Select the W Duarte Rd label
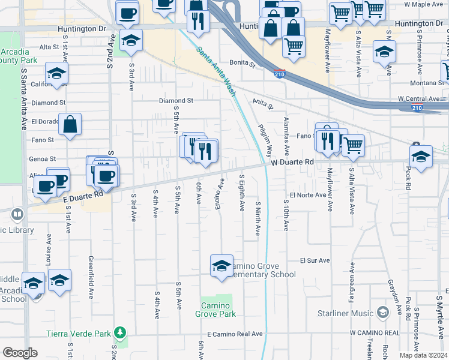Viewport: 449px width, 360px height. (292, 162)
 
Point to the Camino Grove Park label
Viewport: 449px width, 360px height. (217, 309)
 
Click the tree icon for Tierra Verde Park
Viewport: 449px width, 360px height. (120, 332)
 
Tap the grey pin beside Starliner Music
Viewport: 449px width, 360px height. (382, 313)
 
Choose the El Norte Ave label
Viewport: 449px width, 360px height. (307, 195)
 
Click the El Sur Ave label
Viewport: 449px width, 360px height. (315, 260)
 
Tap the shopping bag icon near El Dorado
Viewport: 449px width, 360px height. (70, 125)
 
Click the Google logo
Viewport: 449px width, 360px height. (20, 352)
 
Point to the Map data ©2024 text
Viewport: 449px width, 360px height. (423, 355)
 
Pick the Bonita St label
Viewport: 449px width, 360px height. (243, 62)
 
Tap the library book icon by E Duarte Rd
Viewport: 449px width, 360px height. (17, 214)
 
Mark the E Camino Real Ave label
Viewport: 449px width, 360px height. (235, 334)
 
